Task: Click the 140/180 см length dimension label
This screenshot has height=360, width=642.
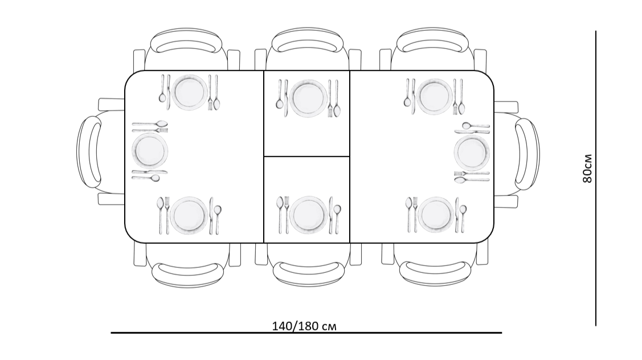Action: (304, 326)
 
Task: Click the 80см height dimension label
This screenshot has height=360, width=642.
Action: (587, 169)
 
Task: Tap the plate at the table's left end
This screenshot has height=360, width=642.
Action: (150, 151)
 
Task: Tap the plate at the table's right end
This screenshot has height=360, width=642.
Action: (472, 152)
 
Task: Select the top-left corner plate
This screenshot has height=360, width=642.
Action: (190, 92)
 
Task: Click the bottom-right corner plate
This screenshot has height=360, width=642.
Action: (436, 215)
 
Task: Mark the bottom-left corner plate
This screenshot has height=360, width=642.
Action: (189, 215)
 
